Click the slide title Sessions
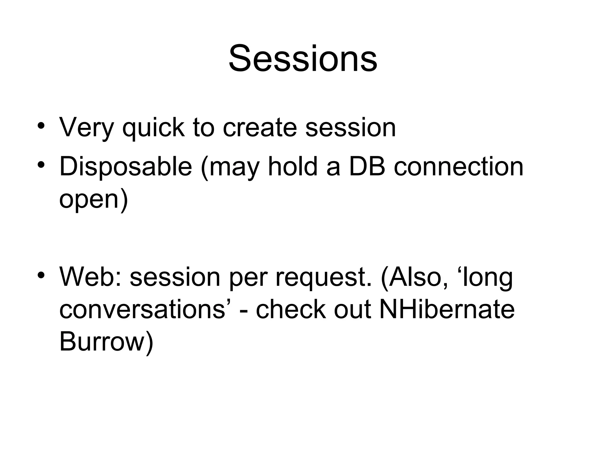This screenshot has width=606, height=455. click(x=303, y=58)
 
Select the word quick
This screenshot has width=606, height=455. click(x=154, y=128)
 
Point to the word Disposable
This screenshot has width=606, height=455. click(x=125, y=167)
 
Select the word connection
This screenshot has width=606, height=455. click(x=458, y=167)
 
